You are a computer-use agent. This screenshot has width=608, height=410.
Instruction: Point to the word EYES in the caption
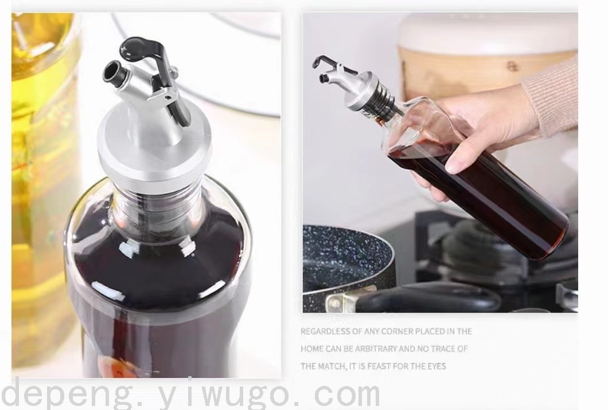tap(437, 366)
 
